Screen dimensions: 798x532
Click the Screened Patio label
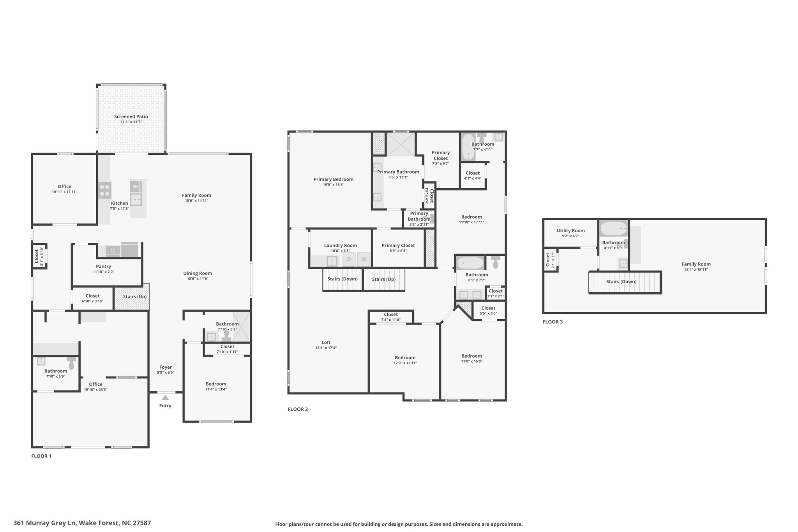(131, 116)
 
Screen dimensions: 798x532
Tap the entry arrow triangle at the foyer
(165, 398)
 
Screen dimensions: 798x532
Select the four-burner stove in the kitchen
(104, 190)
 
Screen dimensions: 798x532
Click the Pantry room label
(103, 267)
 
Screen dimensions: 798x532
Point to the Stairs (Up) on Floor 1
(132, 297)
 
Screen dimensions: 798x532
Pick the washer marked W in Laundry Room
(364, 259)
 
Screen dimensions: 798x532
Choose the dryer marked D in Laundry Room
(349, 259)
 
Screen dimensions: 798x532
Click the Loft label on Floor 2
(326, 343)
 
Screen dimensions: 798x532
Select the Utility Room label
(570, 231)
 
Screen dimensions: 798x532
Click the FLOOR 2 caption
(298, 409)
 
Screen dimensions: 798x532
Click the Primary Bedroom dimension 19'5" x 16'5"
(334, 185)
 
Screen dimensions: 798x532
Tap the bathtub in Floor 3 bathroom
(613, 228)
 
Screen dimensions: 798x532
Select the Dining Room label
(198, 273)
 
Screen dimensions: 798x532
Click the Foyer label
(166, 367)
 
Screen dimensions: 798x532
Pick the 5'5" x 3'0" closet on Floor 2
(488, 311)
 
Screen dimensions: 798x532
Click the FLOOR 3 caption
(553, 322)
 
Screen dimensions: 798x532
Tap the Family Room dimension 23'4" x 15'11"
(696, 269)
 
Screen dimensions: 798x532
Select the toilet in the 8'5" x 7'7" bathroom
(495, 262)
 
